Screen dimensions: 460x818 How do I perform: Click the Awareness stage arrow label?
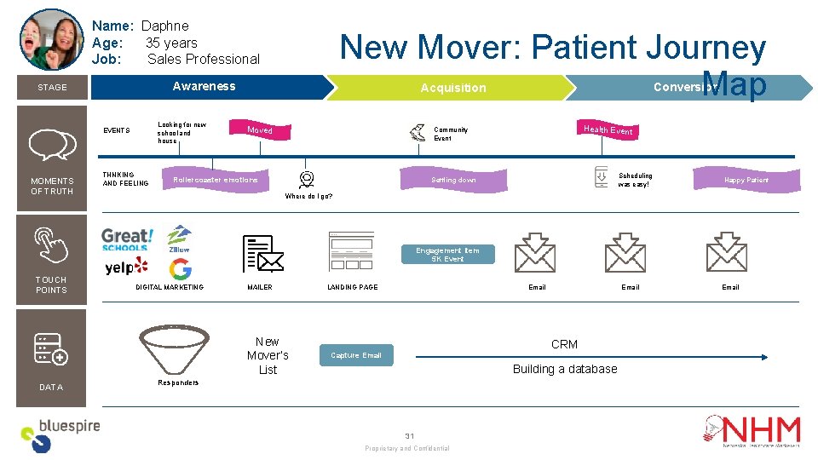point(204,86)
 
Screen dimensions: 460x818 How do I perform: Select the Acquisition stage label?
point(453,88)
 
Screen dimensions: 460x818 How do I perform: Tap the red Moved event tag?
point(260,129)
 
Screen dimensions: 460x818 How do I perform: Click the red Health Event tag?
point(608,129)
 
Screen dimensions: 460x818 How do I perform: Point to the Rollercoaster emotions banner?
point(215,180)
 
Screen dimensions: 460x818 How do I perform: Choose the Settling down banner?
point(453,180)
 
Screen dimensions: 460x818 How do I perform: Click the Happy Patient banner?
point(746,180)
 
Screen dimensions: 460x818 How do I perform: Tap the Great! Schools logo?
point(127,239)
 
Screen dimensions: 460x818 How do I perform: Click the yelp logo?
point(125,267)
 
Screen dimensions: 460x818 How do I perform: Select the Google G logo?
point(180,269)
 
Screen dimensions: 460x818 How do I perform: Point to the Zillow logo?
point(179,239)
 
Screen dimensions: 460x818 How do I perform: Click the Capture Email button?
point(356,355)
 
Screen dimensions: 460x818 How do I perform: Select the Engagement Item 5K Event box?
point(447,254)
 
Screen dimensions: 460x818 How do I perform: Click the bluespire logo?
point(60,434)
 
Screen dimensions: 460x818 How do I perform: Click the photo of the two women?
point(51,40)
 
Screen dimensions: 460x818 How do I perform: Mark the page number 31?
point(409,435)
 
